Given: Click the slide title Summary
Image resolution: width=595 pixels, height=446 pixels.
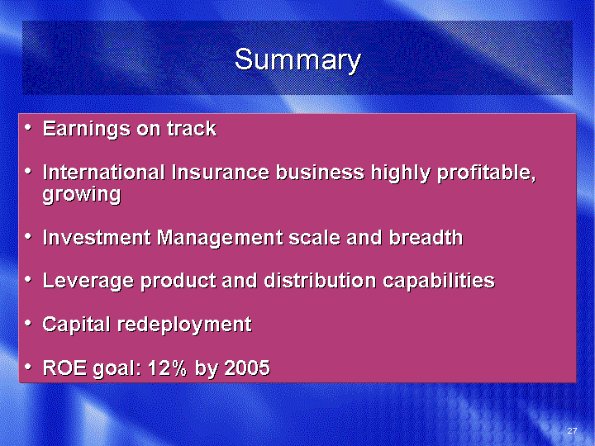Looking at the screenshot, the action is pyautogui.click(x=297, y=60).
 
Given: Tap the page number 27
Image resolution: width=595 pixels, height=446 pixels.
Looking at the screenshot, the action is pyautogui.click(x=572, y=430).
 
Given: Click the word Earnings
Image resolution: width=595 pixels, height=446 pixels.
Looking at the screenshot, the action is pyautogui.click(x=88, y=130).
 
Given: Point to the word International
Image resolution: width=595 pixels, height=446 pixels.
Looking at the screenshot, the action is pyautogui.click(x=103, y=172).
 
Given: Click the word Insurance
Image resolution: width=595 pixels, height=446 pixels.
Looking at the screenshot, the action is pyautogui.click(x=221, y=172).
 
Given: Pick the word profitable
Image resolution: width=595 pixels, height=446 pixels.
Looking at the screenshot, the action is pyautogui.click(x=487, y=173).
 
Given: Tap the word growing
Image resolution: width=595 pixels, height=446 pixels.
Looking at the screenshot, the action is pyautogui.click(x=82, y=195).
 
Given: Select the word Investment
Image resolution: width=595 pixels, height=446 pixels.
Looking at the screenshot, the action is pyautogui.click(x=97, y=237).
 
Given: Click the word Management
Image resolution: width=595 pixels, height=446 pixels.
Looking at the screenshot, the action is pyautogui.click(x=220, y=239).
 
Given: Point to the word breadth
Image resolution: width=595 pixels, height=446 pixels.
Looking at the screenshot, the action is pyautogui.click(x=426, y=237).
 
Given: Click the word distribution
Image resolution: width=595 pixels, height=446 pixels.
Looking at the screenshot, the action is pyautogui.click(x=320, y=281).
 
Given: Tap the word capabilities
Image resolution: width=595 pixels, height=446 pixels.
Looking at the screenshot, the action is pyautogui.click(x=439, y=282).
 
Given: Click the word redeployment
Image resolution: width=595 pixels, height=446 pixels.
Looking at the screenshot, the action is pyautogui.click(x=184, y=325).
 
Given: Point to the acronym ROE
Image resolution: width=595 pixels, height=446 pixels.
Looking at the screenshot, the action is pyautogui.click(x=65, y=368).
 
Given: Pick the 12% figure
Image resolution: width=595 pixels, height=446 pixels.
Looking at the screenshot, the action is pyautogui.click(x=167, y=368).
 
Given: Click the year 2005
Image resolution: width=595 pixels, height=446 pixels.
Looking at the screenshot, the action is pyautogui.click(x=247, y=368).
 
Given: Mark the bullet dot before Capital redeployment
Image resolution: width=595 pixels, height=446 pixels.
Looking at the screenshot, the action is pyautogui.click(x=28, y=324).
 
